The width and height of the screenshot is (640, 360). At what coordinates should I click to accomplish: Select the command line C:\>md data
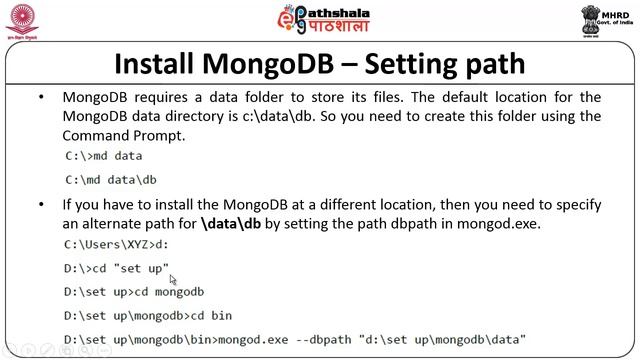(x=103, y=156)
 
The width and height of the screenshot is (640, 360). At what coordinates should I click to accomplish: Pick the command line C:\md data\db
(x=110, y=180)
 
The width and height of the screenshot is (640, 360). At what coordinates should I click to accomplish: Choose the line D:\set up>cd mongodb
(x=133, y=292)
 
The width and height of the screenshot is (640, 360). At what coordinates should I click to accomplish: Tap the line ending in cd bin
(x=147, y=316)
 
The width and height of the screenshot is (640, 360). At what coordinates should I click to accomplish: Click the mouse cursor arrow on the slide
(x=173, y=280)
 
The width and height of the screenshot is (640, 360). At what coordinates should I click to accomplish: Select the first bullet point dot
(x=41, y=98)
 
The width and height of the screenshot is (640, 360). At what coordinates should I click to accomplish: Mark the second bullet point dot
(x=41, y=204)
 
